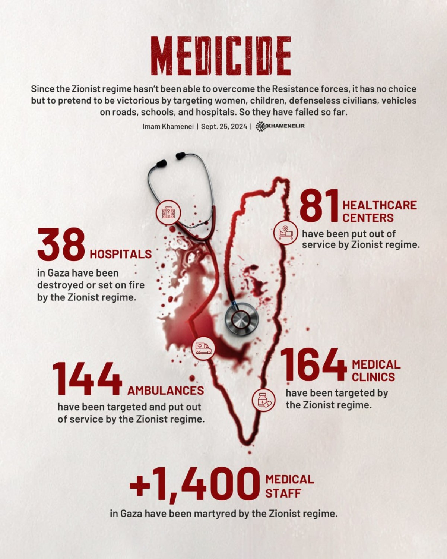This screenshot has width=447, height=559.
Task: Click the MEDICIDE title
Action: coord(222,56)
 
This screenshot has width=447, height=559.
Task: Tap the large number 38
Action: coord(62,245)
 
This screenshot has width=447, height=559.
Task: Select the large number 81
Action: coord(320,205)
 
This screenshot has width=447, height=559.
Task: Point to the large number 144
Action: coord(88,379)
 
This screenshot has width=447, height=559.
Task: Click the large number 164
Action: coord(313,365)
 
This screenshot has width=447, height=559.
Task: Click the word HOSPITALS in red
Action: coord(121,254)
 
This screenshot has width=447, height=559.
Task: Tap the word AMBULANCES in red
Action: coord(166,391)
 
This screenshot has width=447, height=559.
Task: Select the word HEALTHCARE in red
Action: coord(379,205)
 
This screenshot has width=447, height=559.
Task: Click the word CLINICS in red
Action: coord(373,377)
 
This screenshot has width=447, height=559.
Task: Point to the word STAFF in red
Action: coord(283,493)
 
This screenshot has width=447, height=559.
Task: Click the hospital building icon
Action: coord(168,213)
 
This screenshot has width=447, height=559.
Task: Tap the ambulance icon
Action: coord(203,348)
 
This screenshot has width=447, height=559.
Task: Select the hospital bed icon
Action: coord(286,232)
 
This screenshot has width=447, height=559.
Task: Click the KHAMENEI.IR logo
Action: coord(280,126)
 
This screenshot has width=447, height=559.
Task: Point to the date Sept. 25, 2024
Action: coord(224,126)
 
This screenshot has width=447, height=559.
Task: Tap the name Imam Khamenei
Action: coord(168,126)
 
